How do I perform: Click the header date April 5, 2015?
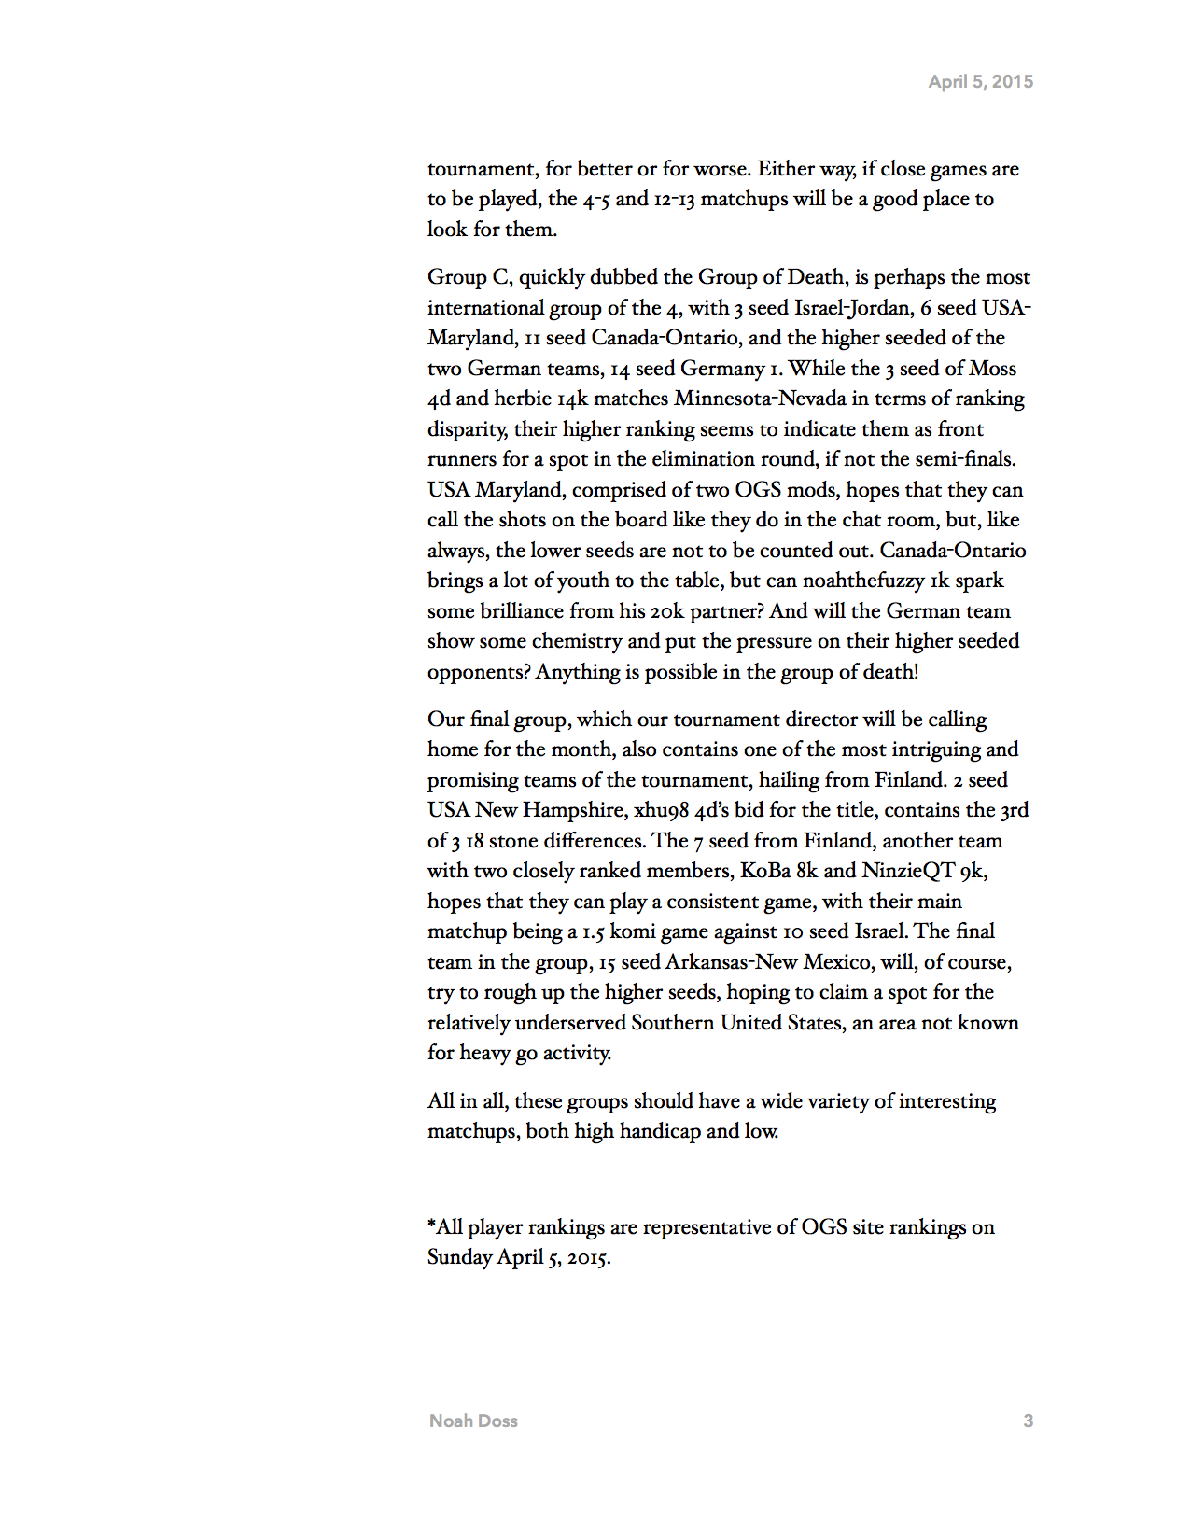980,82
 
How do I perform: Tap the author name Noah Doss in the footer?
473,1421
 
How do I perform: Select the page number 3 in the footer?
1028,1421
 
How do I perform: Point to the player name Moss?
991,369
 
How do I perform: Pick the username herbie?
523,399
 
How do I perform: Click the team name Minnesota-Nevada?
761,399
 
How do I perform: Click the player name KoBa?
765,871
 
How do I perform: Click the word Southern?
672,1023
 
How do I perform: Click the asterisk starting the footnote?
431,1224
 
